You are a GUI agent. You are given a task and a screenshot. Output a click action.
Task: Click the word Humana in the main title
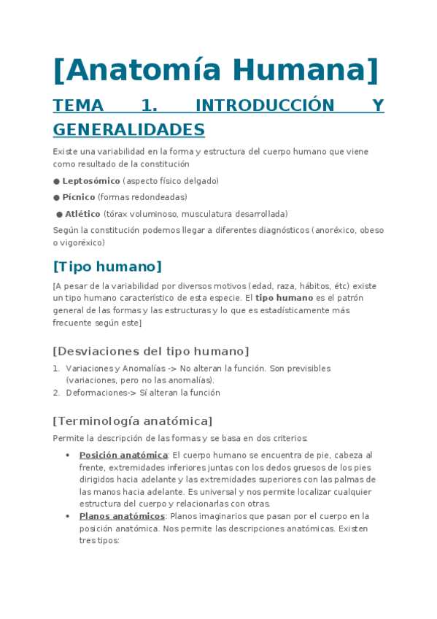[x=306, y=70]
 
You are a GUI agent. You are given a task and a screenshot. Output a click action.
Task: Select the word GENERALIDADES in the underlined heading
[x=128, y=130]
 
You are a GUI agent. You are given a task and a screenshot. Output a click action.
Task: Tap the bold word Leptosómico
[x=91, y=181]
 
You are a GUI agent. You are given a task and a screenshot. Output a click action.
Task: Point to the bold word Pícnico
[x=79, y=197]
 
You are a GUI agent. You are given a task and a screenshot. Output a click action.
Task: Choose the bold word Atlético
[x=83, y=214]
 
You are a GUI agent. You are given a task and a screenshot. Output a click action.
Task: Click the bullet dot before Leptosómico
[x=56, y=181]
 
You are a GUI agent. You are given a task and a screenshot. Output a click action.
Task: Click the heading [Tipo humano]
[x=107, y=266]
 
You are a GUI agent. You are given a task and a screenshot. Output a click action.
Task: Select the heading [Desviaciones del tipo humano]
[x=151, y=350]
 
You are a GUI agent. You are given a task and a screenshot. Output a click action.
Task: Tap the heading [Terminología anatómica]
[x=133, y=421]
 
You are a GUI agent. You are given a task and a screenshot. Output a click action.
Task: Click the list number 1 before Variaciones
[x=56, y=369]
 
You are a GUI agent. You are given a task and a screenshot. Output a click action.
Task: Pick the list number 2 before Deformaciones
[x=56, y=393]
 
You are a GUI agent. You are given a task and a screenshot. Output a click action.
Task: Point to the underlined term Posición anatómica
[x=123, y=455]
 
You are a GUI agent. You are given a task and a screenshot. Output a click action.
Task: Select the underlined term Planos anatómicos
[x=122, y=516]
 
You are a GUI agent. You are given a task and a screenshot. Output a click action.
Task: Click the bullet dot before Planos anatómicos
[x=68, y=516]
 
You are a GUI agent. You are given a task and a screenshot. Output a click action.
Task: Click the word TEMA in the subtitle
[x=79, y=105]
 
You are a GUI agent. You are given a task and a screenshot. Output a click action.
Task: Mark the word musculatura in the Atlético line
[x=204, y=214]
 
